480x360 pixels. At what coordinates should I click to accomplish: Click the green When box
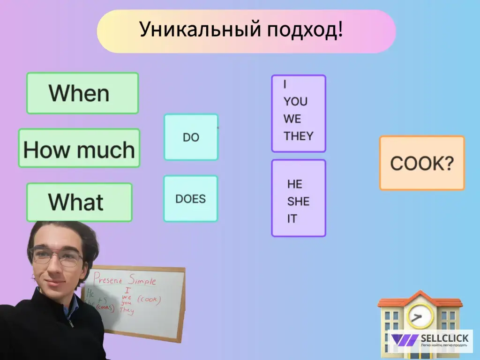[82, 93]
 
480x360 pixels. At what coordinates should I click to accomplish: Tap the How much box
[79, 149]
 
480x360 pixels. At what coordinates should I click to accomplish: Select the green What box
[79, 202]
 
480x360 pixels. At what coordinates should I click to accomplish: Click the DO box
[191, 137]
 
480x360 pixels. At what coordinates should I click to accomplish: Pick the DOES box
[190, 199]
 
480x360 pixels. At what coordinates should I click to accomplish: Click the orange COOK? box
[421, 163]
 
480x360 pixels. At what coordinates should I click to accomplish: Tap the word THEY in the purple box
[298, 136]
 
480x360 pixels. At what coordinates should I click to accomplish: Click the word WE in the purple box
[292, 119]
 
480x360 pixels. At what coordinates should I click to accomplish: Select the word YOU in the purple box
[295, 102]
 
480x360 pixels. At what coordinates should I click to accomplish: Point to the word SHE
[298, 202]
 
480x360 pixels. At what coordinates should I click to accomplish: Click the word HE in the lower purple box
[294, 184]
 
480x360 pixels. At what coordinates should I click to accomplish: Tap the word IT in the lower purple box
[292, 219]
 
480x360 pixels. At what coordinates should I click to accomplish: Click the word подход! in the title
[305, 30]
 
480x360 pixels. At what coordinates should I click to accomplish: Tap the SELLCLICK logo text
[444, 338]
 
